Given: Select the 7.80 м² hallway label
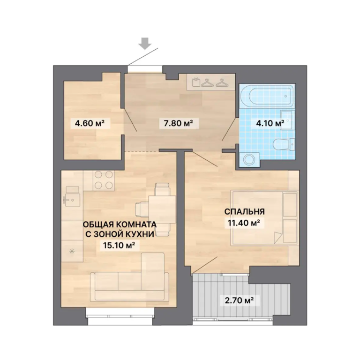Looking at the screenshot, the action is pyautogui.click(x=178, y=124).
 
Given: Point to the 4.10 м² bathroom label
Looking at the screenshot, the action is pyautogui.click(x=270, y=123).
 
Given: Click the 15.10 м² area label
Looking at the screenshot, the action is pyautogui.click(x=119, y=246).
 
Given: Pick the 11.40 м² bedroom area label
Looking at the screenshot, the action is pyautogui.click(x=244, y=223).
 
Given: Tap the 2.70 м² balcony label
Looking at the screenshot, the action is pyautogui.click(x=239, y=300).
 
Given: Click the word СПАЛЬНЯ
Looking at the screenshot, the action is pyautogui.click(x=245, y=211).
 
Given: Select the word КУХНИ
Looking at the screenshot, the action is pyautogui.click(x=140, y=234).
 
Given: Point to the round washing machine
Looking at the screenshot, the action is pyautogui.click(x=249, y=159).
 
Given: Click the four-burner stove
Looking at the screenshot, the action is pyautogui.click(x=104, y=180).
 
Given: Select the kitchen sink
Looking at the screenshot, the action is pyautogui.click(x=71, y=198).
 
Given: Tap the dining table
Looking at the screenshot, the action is pyautogui.click(x=162, y=209).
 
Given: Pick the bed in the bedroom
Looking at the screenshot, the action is pyautogui.click(x=265, y=217).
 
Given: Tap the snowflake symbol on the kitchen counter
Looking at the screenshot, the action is pyautogui.click(x=72, y=251).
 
